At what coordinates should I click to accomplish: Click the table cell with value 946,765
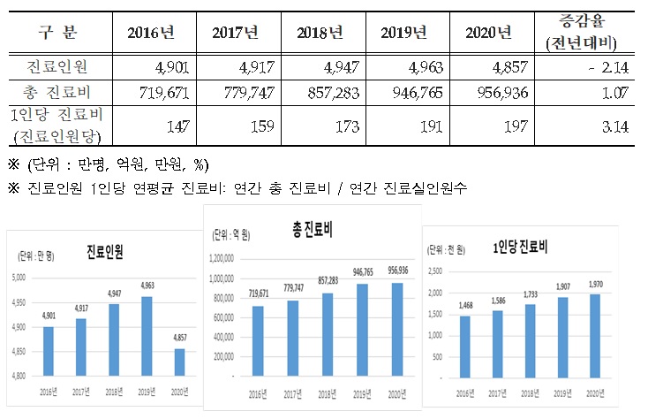(x=404, y=91)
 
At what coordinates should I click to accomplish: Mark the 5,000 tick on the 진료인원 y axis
(x=20, y=277)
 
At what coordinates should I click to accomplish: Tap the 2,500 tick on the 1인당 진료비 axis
(x=434, y=270)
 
